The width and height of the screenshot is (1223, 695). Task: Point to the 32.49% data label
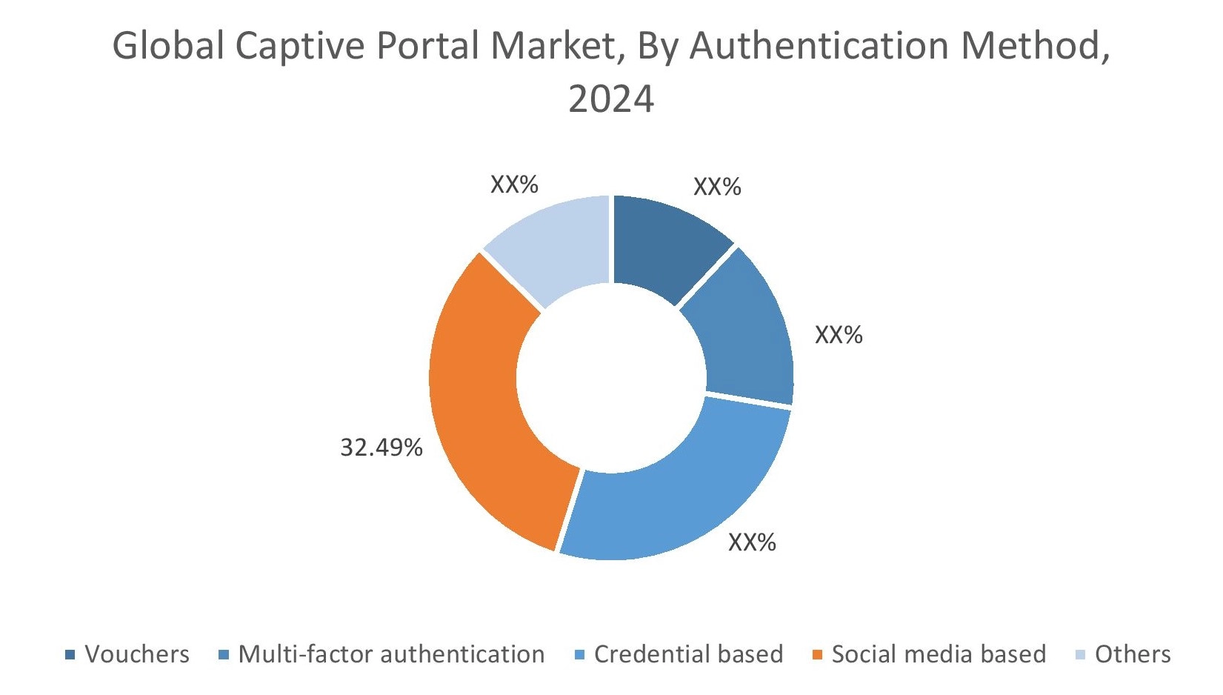click(x=381, y=448)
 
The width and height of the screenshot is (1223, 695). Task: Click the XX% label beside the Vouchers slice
click(x=716, y=187)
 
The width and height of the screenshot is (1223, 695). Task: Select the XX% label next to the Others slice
click(x=514, y=184)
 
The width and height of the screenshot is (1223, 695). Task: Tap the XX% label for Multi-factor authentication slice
click(x=839, y=336)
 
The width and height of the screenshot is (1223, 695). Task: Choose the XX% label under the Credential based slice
click(x=752, y=542)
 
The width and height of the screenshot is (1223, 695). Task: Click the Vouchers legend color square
click(x=70, y=655)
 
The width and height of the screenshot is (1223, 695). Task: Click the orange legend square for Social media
click(x=817, y=655)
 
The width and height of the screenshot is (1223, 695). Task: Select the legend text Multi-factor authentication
click(x=391, y=655)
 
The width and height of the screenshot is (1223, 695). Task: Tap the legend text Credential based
click(x=688, y=655)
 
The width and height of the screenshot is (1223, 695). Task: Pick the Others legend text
click(x=1132, y=655)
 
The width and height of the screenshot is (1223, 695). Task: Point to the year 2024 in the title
click(x=611, y=99)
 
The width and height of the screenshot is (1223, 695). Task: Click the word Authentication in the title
click(x=819, y=47)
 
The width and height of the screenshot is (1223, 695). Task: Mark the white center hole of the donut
click(x=611, y=378)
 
